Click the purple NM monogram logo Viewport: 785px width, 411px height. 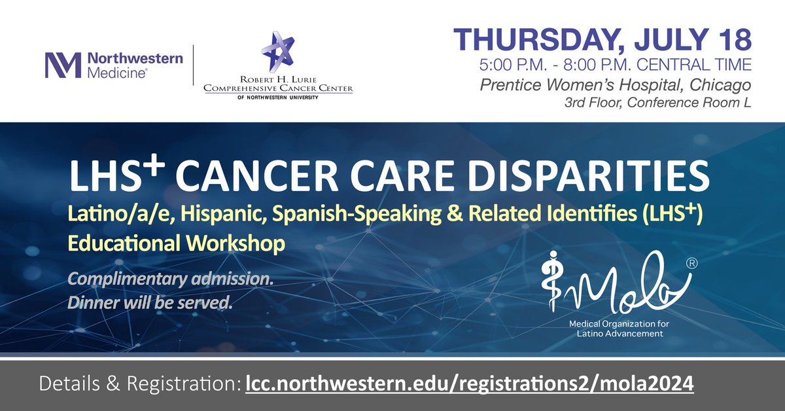63,65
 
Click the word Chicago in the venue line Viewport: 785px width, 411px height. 723,85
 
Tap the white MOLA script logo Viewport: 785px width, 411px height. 615,282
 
